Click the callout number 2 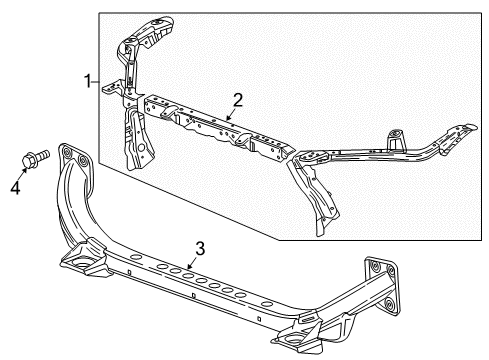(237, 99)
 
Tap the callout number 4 (14, 184)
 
